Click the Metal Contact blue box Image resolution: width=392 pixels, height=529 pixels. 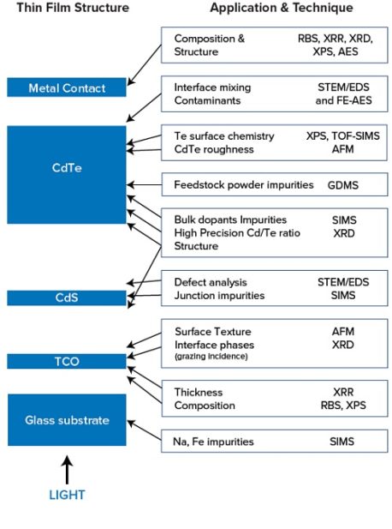point(67,88)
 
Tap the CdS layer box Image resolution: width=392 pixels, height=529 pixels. point(67,298)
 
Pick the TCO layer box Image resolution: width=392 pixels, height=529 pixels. point(67,361)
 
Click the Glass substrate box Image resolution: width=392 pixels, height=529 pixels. point(67,420)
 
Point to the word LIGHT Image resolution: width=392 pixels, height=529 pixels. point(66,495)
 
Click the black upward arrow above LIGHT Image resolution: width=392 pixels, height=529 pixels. point(66,470)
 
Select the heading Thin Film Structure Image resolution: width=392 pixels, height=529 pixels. point(73,8)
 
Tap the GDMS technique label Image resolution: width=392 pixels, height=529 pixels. point(344,184)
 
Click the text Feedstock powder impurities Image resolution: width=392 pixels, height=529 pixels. point(246,184)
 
